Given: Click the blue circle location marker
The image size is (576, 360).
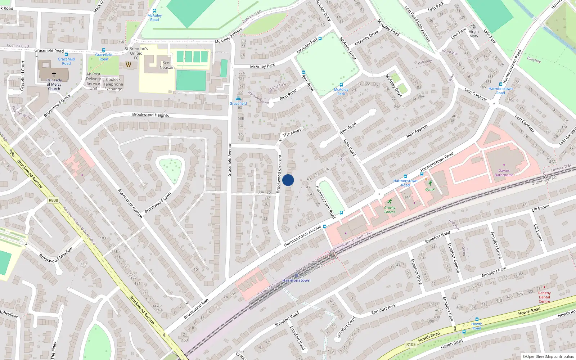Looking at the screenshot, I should [288, 180].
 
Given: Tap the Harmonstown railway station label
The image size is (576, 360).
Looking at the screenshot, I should [296, 280].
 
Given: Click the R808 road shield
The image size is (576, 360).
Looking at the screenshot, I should [53, 200].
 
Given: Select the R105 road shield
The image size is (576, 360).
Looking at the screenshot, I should [411, 345].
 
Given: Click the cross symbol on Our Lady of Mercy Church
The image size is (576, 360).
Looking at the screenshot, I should [54, 74].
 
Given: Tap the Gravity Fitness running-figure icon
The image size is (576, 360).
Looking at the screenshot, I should [390, 202].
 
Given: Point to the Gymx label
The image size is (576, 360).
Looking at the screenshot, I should [430, 189].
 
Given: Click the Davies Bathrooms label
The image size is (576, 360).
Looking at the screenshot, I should [504, 173].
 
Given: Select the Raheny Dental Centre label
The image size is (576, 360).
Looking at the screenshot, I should [544, 297].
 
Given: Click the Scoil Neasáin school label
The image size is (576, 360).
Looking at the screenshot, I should [167, 65].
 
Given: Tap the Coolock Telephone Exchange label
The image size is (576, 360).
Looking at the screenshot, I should [113, 84].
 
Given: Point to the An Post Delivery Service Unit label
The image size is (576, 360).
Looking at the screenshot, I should [93, 81].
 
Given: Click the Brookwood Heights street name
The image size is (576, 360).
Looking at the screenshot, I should [150, 115].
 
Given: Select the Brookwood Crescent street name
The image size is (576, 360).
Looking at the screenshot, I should [279, 174].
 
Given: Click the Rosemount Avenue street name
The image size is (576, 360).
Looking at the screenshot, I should [130, 203].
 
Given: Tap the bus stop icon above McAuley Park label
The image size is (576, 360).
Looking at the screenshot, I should [341, 85].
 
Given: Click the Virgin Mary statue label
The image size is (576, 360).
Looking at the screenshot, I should [474, 34].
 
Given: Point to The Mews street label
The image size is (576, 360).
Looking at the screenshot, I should [292, 133].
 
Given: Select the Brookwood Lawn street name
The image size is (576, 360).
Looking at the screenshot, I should [158, 203].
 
